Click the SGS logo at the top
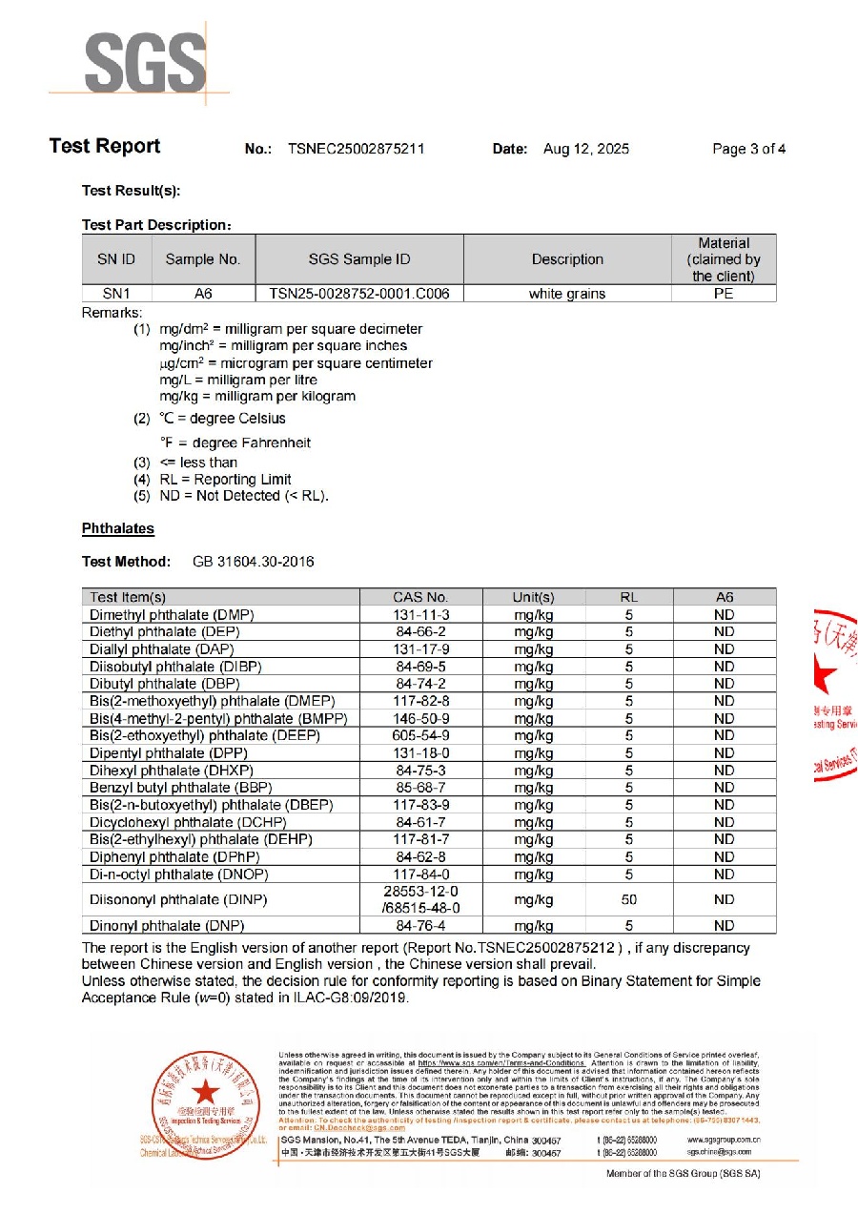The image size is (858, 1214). [143, 64]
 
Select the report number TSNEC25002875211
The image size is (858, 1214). [356, 149]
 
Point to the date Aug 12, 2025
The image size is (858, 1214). [585, 149]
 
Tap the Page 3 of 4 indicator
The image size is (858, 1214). [748, 149]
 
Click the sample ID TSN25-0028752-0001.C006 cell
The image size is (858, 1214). [359, 294]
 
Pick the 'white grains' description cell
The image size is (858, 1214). [567, 294]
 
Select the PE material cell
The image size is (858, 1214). [724, 294]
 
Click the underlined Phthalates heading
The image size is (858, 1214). [118, 528]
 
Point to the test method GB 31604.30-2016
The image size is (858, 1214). [253, 562]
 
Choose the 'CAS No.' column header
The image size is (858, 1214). [420, 597]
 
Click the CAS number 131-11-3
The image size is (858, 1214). [421, 615]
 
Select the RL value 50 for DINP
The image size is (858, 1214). [629, 899]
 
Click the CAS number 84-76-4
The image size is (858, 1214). [421, 925]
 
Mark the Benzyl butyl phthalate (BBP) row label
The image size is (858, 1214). [174, 788]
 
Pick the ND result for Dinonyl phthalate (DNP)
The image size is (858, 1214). [724, 925]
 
